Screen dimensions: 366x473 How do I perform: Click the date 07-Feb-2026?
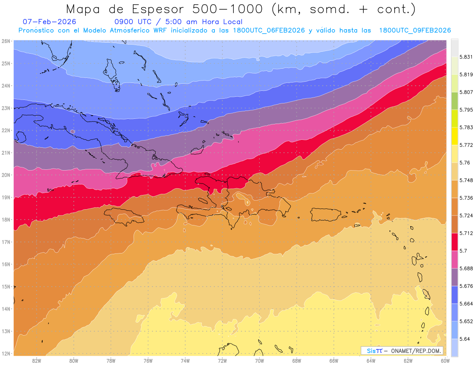(x=49, y=22)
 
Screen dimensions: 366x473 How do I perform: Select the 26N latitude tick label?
(x=6, y=41)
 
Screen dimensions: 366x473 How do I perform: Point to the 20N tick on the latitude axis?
(x=6, y=175)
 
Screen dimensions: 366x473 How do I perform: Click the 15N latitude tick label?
(x=6, y=287)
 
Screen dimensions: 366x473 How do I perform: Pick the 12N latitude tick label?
(x=6, y=353)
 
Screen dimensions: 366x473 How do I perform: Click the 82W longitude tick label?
(x=37, y=360)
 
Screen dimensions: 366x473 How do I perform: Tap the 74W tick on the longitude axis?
(x=185, y=360)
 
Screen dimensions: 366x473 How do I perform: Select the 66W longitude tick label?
(x=334, y=360)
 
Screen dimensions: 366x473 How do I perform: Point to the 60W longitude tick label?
(x=445, y=360)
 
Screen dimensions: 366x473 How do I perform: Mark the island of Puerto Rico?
(x=325, y=214)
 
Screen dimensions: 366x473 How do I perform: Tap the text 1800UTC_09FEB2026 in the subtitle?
(x=415, y=30)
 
